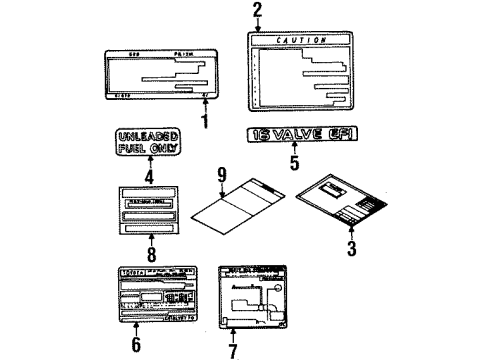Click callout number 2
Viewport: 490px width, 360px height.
pyautogui.click(x=257, y=11)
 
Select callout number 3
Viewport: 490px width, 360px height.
pyautogui.click(x=351, y=249)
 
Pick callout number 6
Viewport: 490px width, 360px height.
pyautogui.click(x=136, y=346)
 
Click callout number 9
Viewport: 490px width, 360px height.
pyautogui.click(x=222, y=175)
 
